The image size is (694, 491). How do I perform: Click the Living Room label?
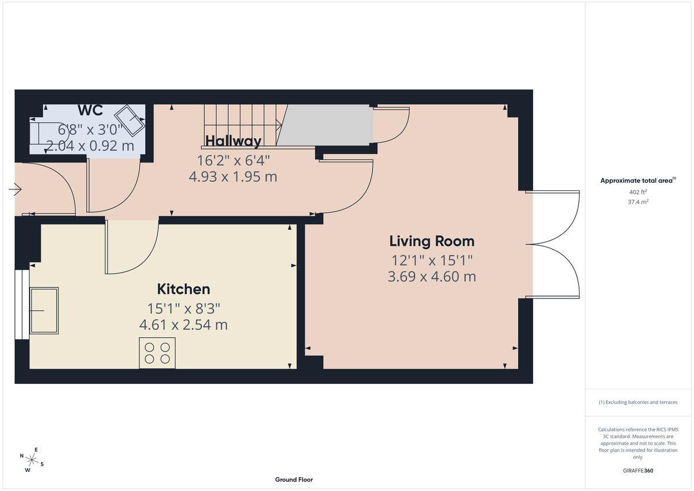click(431, 241)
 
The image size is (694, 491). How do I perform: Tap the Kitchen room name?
click(183, 289)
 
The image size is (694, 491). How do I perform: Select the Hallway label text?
click(233, 141)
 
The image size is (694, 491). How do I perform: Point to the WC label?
click(90, 110)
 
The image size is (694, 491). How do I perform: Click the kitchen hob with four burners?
click(157, 353)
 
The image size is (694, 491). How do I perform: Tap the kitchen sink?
click(44, 311)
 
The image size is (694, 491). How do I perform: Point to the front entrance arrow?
click(16, 189)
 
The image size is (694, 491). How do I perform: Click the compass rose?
click(32, 460)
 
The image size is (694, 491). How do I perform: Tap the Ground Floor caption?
click(294, 479)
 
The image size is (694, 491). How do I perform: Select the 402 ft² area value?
click(638, 192)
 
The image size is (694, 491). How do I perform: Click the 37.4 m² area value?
click(638, 202)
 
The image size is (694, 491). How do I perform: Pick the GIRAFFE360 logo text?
click(638, 471)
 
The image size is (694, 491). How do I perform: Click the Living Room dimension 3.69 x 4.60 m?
click(431, 276)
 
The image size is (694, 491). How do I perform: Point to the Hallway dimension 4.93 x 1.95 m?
click(233, 177)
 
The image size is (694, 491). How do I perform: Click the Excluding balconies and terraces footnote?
click(638, 402)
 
